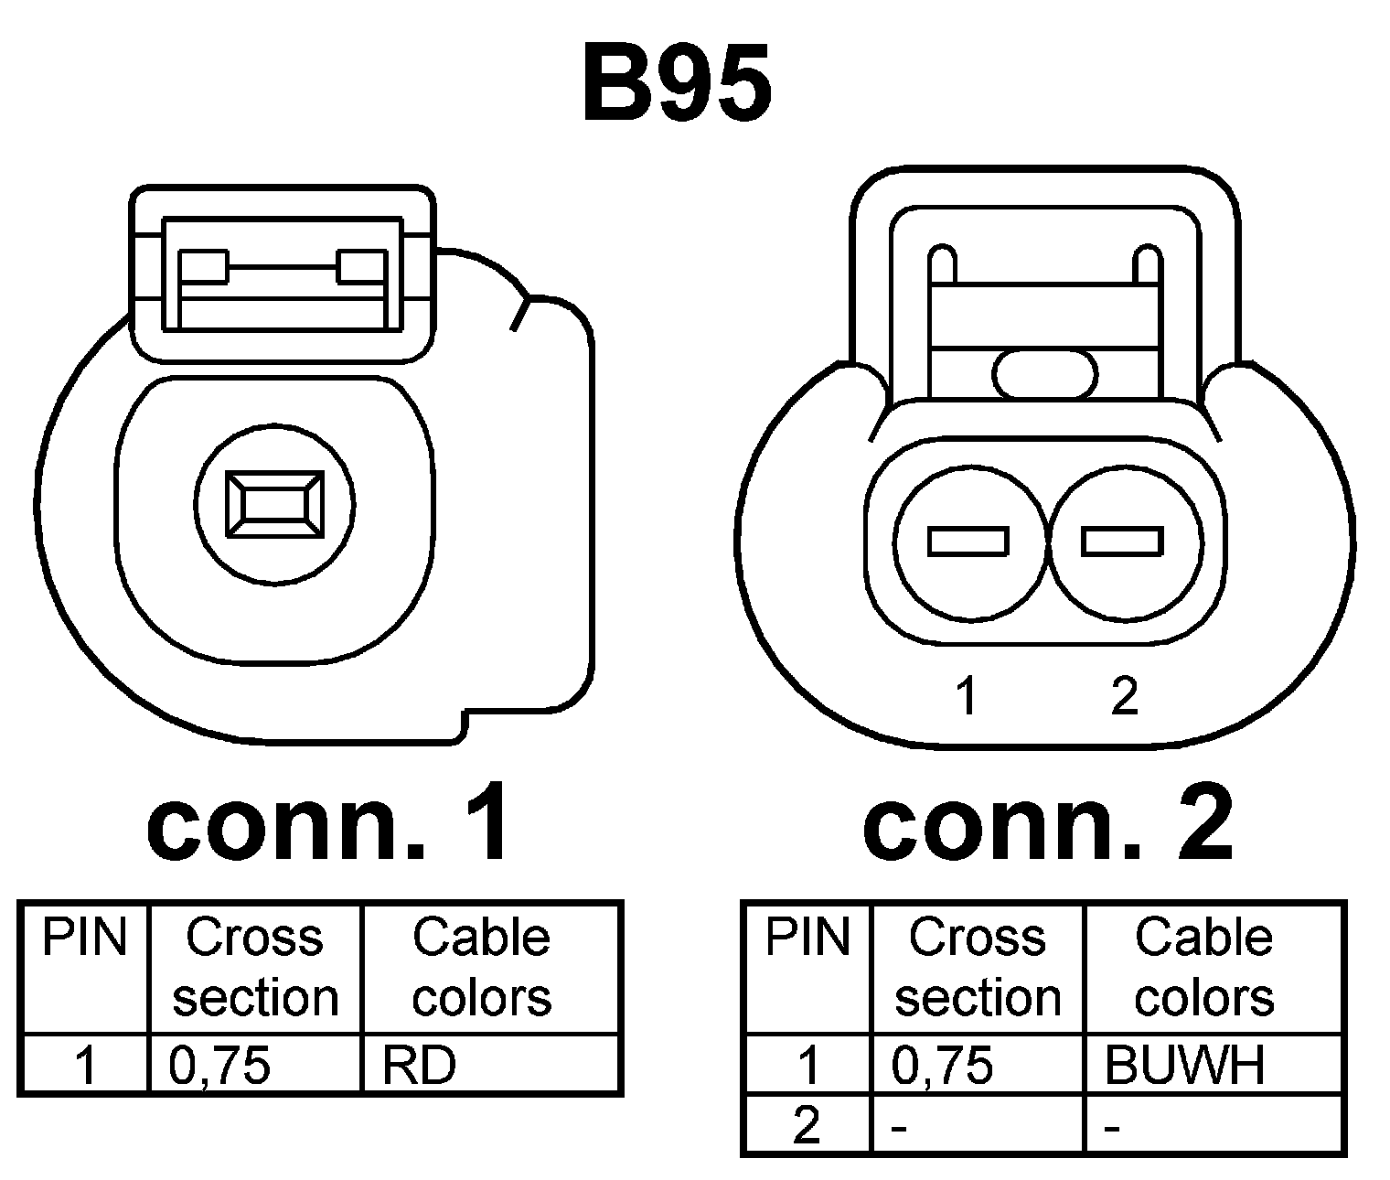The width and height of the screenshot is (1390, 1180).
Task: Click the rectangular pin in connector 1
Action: click(275, 503)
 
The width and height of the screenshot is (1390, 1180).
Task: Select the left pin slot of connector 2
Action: click(968, 542)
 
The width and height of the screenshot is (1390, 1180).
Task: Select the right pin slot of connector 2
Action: click(1122, 542)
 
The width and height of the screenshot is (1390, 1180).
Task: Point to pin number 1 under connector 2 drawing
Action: click(966, 697)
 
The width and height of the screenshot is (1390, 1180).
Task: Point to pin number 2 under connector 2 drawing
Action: click(1124, 697)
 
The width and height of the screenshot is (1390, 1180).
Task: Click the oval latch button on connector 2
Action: click(1044, 373)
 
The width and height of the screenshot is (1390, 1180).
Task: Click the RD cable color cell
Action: click(419, 1065)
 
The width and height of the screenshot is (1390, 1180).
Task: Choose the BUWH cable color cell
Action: click(1185, 1065)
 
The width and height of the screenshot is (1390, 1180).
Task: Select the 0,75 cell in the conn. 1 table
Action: click(220, 1065)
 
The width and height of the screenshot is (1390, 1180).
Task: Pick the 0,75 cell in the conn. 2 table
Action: click(942, 1065)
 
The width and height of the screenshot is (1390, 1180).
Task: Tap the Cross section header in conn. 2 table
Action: click(977, 968)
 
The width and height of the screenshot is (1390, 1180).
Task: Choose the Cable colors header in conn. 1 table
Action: click(482, 968)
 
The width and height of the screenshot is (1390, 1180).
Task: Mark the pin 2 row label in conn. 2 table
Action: click(806, 1126)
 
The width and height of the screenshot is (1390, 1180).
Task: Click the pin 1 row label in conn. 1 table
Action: click(85, 1065)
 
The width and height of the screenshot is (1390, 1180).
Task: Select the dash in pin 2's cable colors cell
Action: click(1113, 1128)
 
